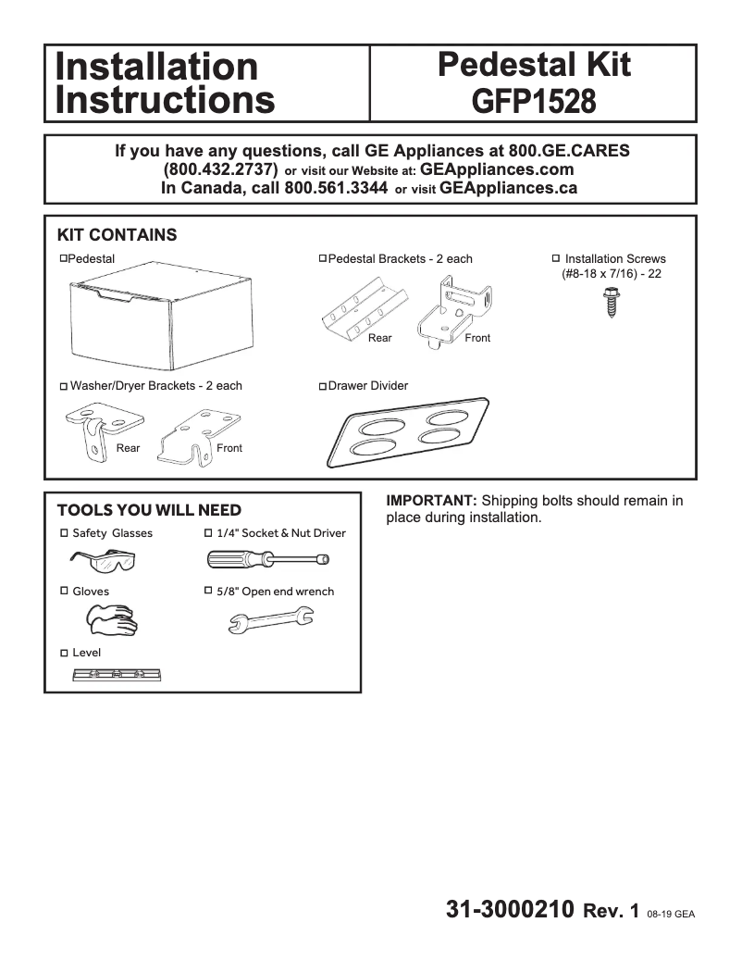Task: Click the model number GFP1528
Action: (x=533, y=100)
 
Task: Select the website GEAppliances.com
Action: (x=497, y=170)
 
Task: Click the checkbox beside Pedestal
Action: (x=63, y=258)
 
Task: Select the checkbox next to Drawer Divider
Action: (x=322, y=386)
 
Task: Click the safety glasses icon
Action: (x=103, y=560)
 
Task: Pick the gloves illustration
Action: (x=110, y=619)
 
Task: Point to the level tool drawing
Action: (x=117, y=675)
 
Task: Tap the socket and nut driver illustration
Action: (x=268, y=559)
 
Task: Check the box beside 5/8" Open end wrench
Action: (x=208, y=591)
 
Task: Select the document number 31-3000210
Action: (x=511, y=910)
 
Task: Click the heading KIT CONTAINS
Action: (x=117, y=235)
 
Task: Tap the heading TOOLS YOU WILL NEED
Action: (x=149, y=510)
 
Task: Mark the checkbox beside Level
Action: (x=64, y=653)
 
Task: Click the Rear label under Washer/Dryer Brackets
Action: (x=129, y=448)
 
